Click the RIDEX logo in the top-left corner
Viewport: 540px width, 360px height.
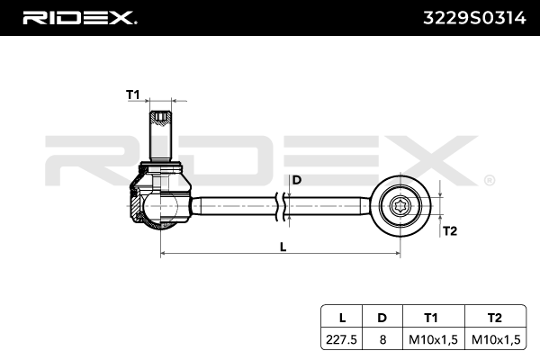79,17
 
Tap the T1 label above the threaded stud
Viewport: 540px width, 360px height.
133,94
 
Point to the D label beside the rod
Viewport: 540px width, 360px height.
296,180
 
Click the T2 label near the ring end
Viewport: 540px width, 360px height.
451,230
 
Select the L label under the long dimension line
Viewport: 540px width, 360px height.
283,247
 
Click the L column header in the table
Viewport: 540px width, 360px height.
342,317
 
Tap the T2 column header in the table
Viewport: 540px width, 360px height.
493,317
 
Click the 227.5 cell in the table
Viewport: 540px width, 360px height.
342,338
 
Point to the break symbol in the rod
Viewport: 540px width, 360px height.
284,205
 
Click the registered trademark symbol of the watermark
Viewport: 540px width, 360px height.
489,180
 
